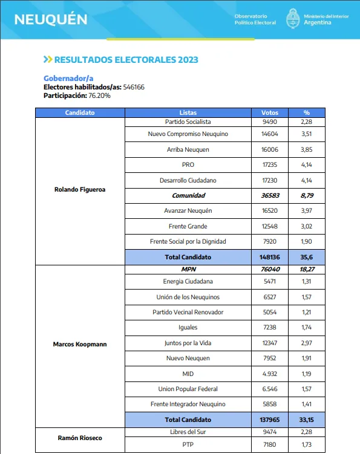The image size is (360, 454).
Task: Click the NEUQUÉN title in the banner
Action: [x=51, y=19]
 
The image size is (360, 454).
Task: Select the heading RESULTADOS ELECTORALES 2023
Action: [x=126, y=60]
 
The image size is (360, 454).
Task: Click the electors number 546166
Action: [x=134, y=87]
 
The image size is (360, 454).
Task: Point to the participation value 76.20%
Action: [x=99, y=96]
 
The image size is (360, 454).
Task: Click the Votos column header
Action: [x=269, y=113]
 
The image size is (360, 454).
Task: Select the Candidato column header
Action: [x=80, y=113]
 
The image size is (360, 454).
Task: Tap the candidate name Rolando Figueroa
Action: [x=80, y=189]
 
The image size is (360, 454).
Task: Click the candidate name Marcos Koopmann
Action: [x=80, y=345]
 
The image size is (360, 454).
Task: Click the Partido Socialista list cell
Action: [x=188, y=121]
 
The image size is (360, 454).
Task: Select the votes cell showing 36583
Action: [x=269, y=195]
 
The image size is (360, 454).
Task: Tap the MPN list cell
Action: [x=188, y=268]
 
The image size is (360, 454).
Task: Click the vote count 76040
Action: [x=269, y=268]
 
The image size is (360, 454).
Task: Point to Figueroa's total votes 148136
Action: [x=269, y=257]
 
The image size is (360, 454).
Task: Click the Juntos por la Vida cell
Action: [x=188, y=343]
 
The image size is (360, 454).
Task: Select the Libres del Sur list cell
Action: [x=188, y=432]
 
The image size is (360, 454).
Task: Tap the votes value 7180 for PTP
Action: [x=269, y=445]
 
